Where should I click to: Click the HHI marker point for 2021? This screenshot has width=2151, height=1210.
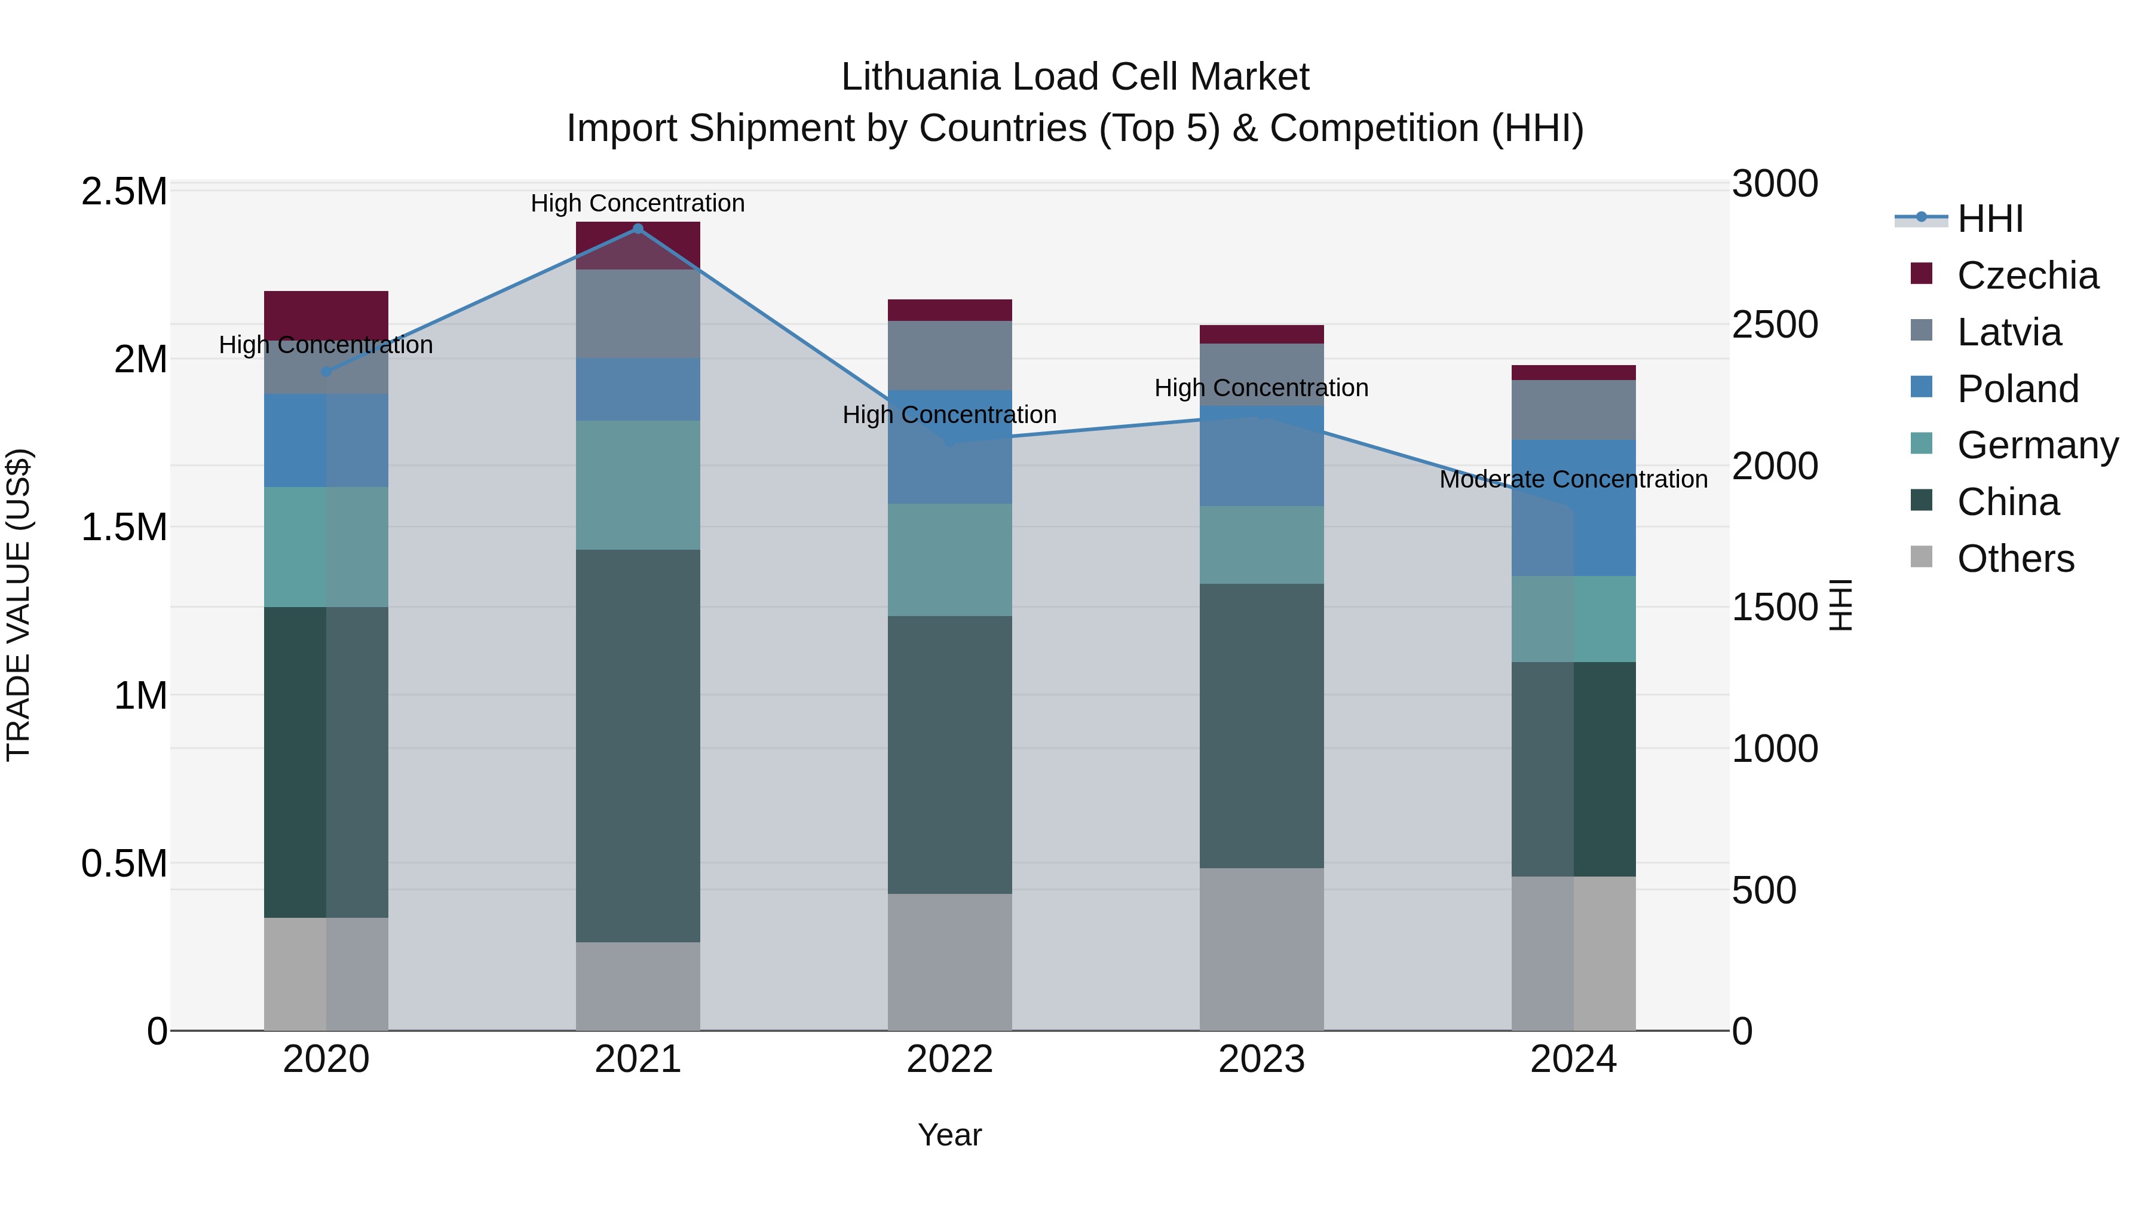(638, 228)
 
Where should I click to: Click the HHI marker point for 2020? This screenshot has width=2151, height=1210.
(326, 372)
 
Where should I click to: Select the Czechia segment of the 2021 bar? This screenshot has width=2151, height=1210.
(638, 244)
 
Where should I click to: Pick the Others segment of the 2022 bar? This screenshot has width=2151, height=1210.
(949, 961)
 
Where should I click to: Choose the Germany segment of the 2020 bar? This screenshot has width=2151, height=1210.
(326, 546)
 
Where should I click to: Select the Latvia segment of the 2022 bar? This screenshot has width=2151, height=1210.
(949, 355)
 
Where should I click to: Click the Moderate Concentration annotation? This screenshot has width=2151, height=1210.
(1573, 479)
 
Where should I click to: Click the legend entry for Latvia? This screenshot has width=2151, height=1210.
(2008, 332)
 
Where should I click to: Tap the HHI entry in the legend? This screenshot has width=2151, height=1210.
(1989, 219)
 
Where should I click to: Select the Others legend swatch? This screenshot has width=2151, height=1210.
(1922, 557)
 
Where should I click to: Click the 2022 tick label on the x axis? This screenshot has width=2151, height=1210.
(949, 1059)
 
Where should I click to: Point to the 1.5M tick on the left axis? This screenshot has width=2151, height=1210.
(124, 527)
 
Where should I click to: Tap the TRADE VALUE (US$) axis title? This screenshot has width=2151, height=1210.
(19, 605)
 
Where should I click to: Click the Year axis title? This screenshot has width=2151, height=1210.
(949, 1135)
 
